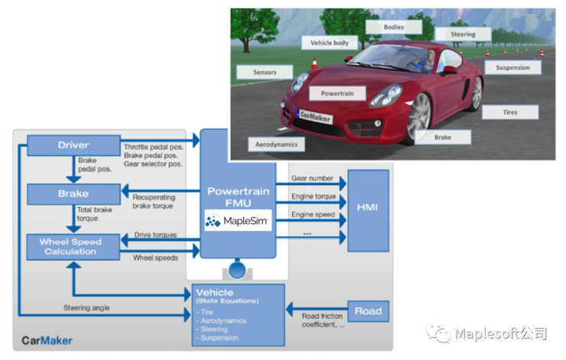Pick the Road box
tap(369, 311)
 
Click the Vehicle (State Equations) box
tap(238, 313)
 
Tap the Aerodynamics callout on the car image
tap(276, 144)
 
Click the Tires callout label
tap(509, 112)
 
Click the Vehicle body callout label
tap(329, 43)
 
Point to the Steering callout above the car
tap(462, 34)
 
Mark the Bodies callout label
tap(394, 27)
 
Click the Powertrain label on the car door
tap(336, 91)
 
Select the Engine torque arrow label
tap(314, 196)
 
